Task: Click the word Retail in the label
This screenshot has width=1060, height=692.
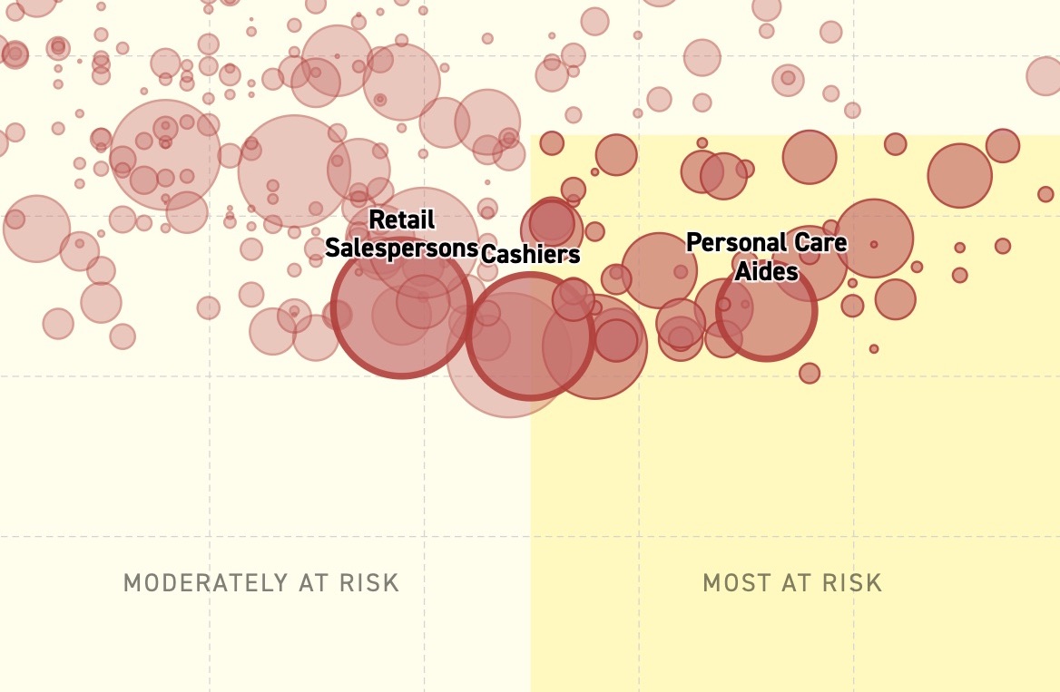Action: click(x=402, y=219)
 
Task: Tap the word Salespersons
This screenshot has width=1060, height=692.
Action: click(x=401, y=248)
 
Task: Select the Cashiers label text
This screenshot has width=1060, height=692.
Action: click(x=531, y=254)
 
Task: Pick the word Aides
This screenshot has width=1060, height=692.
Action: click(x=767, y=271)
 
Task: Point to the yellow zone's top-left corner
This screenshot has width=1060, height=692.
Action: click(x=531, y=135)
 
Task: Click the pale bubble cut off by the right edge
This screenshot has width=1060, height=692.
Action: click(x=1045, y=75)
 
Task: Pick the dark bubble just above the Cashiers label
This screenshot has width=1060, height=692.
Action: click(x=552, y=222)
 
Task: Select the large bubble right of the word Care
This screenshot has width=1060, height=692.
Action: click(x=874, y=238)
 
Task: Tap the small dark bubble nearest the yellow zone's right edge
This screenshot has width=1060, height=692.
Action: click(x=1045, y=195)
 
